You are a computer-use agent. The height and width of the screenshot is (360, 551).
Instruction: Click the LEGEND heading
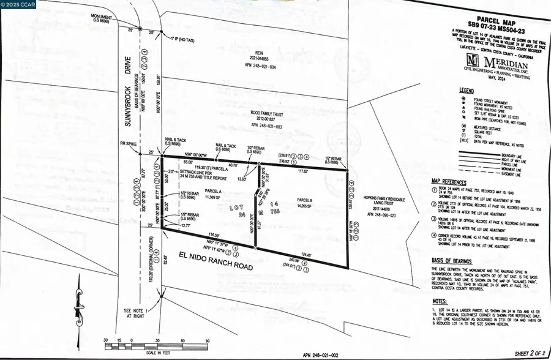pyautogui.click(x=467, y=90)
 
